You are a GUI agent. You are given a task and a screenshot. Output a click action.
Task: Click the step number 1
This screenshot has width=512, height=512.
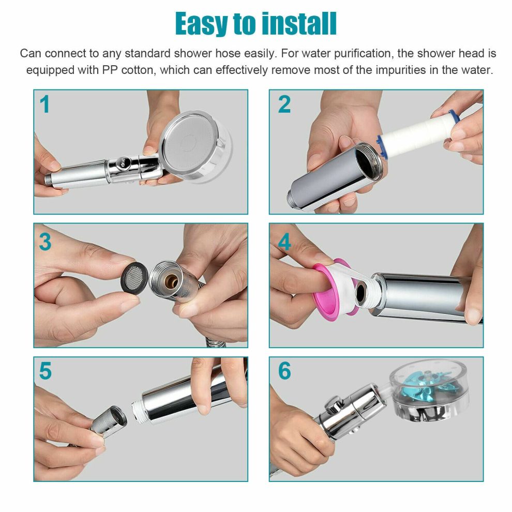point(45,105)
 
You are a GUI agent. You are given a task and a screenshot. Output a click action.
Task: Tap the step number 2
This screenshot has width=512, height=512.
point(284,105)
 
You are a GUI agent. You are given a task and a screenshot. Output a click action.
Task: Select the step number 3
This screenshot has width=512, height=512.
point(45,242)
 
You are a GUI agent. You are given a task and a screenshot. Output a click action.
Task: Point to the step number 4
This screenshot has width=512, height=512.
point(284,242)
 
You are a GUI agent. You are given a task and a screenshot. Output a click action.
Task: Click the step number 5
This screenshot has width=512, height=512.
point(45,371)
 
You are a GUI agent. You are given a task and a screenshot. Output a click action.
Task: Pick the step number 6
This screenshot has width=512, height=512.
point(284,371)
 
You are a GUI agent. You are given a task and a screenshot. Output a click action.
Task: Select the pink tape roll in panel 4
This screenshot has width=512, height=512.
point(331,287)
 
